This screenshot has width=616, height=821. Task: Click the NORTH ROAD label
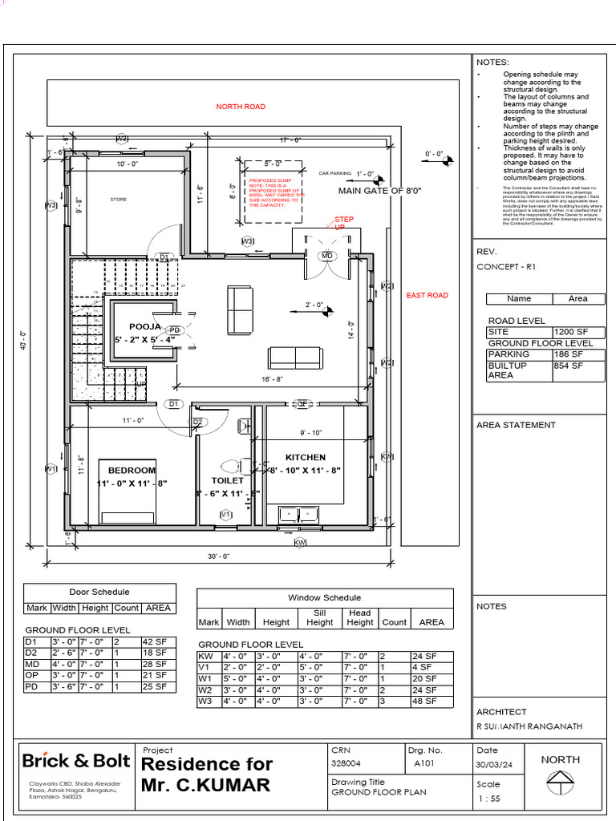[x=241, y=107]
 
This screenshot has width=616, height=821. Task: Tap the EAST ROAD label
[x=427, y=296]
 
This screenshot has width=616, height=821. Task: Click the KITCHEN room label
[x=305, y=458]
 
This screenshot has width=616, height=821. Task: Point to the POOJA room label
[x=145, y=327]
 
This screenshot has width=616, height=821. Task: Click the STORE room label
[x=118, y=199]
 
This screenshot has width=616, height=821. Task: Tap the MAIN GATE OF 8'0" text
[x=379, y=192]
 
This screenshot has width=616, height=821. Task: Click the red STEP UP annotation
[x=343, y=223]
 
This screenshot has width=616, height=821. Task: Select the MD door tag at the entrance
[x=326, y=256]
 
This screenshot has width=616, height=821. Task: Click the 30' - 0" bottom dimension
[x=218, y=556]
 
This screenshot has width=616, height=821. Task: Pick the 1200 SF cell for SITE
[x=570, y=332]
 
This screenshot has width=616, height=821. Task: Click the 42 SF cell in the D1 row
[x=155, y=642]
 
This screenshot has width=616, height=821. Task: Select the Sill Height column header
[x=319, y=617]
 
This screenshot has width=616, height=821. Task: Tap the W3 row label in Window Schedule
[x=206, y=701]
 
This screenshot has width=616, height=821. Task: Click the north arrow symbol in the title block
[x=560, y=779]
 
